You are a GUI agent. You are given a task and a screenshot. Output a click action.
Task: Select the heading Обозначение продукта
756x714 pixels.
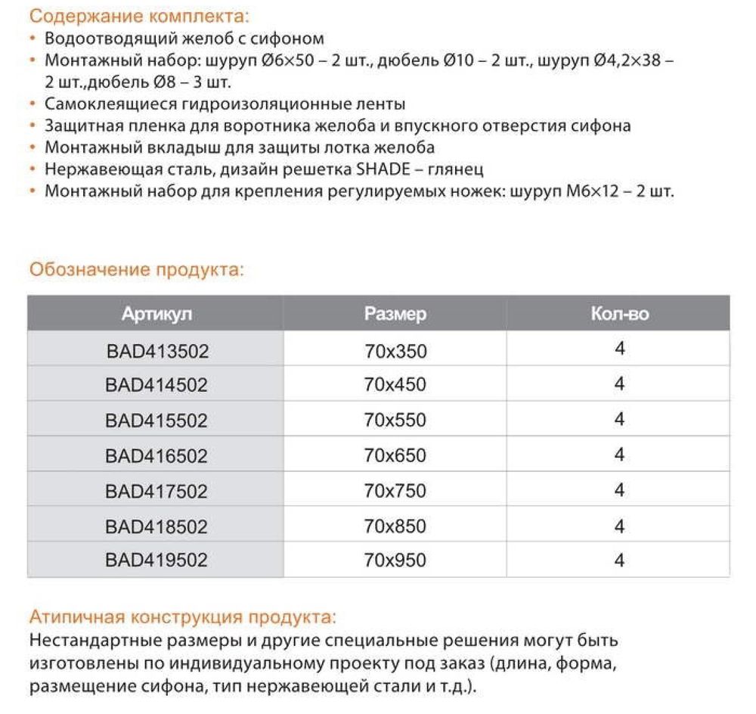point(136,270)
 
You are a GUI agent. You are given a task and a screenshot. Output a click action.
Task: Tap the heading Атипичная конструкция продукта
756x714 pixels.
point(181,616)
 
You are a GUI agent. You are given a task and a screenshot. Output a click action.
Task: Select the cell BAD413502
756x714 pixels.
point(156,351)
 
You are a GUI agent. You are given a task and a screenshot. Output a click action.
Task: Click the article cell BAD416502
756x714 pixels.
point(156,456)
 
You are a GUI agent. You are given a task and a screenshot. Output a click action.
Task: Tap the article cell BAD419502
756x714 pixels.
point(156,560)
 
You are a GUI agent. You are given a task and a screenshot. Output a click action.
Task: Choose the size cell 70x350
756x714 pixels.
point(395,351)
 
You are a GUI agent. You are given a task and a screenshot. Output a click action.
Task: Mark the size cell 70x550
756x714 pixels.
point(395,421)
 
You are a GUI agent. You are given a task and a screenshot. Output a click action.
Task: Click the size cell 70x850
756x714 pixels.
point(395,526)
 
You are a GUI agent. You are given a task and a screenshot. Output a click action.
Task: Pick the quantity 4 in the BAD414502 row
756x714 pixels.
point(619,384)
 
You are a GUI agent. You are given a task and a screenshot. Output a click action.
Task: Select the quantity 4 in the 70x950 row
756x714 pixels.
point(619,560)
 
